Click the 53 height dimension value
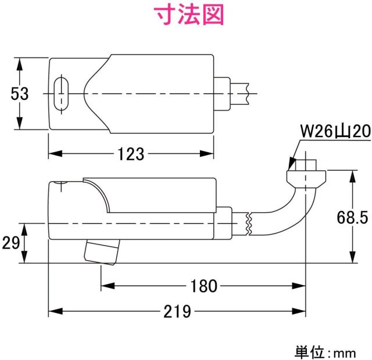(19, 94)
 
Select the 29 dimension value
(9, 243)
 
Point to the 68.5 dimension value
(352, 217)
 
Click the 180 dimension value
(203, 286)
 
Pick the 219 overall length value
(177, 312)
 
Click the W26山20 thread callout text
(334, 133)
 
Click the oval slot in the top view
(59, 93)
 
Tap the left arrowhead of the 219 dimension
(52, 312)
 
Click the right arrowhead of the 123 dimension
(212, 154)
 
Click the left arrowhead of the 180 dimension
(106, 286)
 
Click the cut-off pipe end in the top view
(248, 93)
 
